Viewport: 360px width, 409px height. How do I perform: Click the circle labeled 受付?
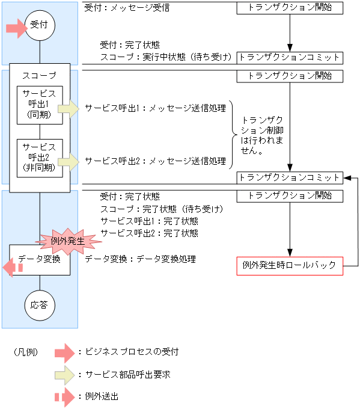point(39,26)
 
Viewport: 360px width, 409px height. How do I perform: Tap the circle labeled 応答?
point(39,305)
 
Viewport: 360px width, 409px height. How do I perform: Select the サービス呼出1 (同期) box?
point(39,105)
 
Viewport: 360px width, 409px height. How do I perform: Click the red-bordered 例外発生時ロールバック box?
point(290,265)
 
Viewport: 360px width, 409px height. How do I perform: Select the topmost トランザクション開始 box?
point(290,8)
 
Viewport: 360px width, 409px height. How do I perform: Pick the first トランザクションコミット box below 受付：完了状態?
point(290,58)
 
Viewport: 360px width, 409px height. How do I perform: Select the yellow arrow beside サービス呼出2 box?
point(72,161)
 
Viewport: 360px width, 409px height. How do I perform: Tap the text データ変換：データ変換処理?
point(140,259)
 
